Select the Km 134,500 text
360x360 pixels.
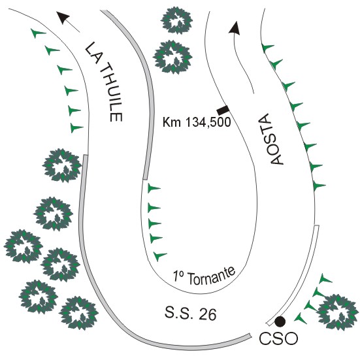[x=197, y=122]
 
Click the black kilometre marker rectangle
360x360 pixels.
[x=223, y=110]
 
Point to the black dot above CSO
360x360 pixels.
[x=280, y=321]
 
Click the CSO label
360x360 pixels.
[x=278, y=338]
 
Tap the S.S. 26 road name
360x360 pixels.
[x=191, y=314]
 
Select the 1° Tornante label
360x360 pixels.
[x=205, y=276]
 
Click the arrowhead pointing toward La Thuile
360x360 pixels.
[x=63, y=18]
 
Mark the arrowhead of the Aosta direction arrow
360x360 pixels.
[x=234, y=29]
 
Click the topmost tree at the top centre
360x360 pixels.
[x=176, y=21]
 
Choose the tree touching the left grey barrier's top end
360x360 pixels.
[x=62, y=165]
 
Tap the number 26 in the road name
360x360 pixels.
[x=208, y=314]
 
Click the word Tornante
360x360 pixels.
[x=212, y=276]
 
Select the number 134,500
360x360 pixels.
[x=208, y=122]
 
